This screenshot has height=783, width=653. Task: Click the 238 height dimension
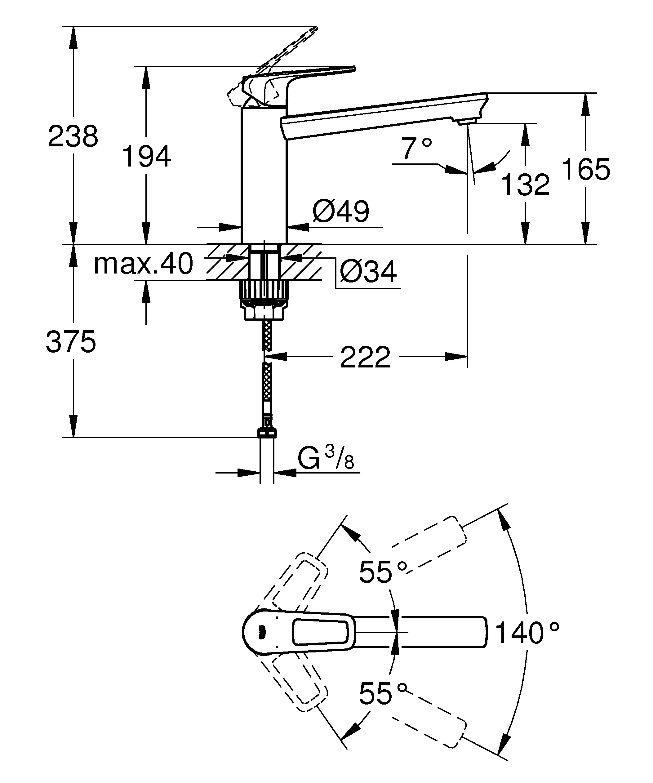tap(73, 136)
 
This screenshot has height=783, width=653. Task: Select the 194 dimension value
tap(146, 157)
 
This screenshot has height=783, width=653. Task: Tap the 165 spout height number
tap(585, 169)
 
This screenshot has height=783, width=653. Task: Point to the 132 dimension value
tap(526, 185)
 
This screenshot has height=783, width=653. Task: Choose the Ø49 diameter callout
tap(341, 211)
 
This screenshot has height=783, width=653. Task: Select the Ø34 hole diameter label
tap(368, 272)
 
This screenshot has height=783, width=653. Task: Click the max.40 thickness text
tap(144, 264)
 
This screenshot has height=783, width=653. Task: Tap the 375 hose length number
tap(71, 342)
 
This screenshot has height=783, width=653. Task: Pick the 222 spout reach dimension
tap(365, 357)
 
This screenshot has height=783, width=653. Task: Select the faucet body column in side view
tap(264, 175)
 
